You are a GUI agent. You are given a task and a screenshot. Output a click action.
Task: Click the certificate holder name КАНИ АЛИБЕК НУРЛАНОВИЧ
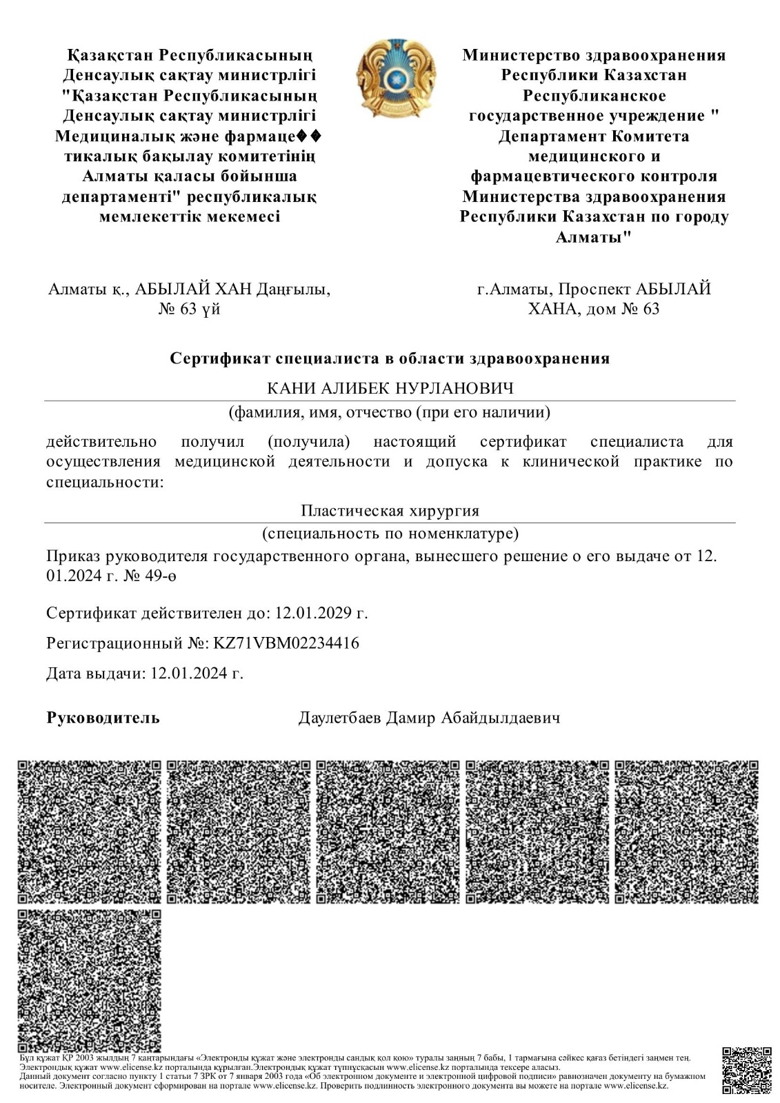(390, 389)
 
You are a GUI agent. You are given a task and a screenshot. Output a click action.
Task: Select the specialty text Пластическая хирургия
(390, 511)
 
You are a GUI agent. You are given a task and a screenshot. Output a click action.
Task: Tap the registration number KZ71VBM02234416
(286, 643)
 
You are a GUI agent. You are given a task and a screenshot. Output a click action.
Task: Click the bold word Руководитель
(103, 718)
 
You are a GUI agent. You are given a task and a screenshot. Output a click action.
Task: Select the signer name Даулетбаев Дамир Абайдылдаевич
(429, 718)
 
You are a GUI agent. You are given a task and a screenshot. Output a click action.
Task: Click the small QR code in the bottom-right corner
(746, 1071)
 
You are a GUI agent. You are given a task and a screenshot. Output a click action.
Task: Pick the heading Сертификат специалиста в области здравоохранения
(390, 358)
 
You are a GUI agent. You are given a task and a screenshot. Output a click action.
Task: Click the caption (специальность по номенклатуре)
(390, 534)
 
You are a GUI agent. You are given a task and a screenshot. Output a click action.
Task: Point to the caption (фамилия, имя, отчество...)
(390, 413)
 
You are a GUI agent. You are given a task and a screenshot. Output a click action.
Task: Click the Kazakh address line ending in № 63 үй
(190, 308)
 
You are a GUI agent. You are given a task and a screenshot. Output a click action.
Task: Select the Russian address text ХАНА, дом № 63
(593, 308)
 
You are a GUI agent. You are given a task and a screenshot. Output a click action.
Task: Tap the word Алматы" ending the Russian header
(594, 237)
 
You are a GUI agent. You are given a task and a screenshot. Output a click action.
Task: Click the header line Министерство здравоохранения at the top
(594, 55)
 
